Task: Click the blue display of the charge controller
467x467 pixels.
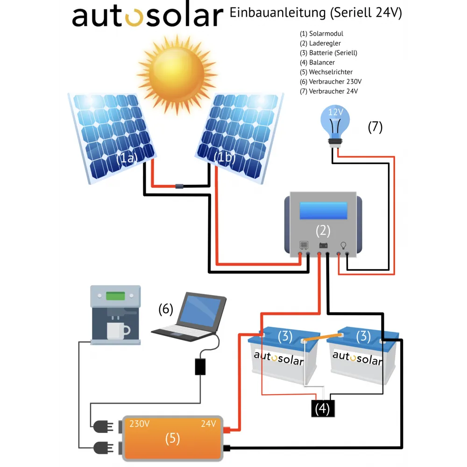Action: coord(323,211)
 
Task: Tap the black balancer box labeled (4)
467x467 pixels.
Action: coord(323,409)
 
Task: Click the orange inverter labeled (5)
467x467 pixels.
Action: coord(172,438)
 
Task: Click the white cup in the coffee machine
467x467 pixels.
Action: coord(117,331)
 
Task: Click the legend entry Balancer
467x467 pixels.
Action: coord(322,63)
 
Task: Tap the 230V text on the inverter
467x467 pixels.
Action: coord(140,424)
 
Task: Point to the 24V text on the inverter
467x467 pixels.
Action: coord(208,424)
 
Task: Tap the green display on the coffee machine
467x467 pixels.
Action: coord(115,296)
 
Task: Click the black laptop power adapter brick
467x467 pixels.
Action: coord(200,367)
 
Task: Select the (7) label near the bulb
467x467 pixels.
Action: coord(375,127)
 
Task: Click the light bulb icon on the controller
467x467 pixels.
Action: coord(344,245)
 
